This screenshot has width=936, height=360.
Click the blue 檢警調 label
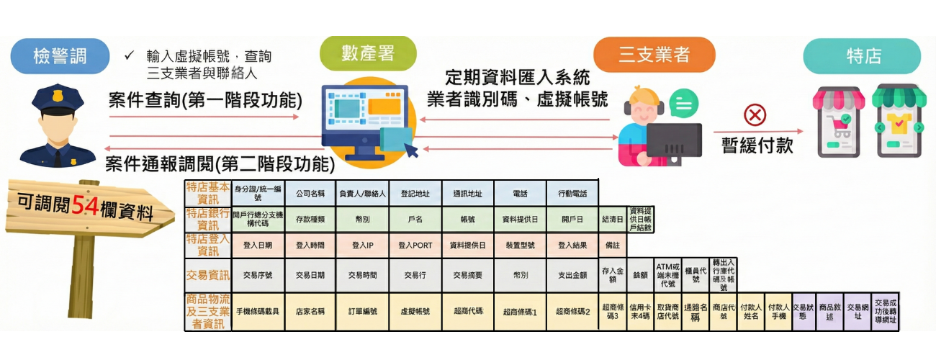coord(60,57)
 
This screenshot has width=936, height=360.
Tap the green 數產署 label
coord(368,53)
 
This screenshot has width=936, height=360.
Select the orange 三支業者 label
coord(654,55)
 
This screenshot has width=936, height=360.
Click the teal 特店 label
coord(862,56)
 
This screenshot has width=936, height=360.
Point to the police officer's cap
coord(57,97)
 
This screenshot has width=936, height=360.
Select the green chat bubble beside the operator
coord(683,104)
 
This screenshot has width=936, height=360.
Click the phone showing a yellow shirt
coord(898,121)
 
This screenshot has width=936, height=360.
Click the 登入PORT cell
coord(415,245)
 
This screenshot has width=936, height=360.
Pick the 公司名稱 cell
coord(310,194)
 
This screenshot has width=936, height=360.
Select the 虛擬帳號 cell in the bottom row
coord(415,312)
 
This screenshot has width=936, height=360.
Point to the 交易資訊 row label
coord(208,275)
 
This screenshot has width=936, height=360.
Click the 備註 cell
coord(613,245)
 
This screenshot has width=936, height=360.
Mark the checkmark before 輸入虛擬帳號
coord(129,55)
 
